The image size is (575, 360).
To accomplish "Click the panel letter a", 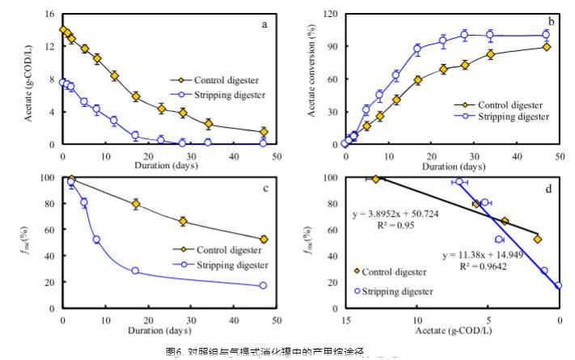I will point(264,23).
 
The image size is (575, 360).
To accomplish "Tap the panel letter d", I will point(551,189).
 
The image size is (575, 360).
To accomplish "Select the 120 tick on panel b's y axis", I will point(331,15).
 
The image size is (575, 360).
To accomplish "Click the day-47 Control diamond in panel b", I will point(547,47).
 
